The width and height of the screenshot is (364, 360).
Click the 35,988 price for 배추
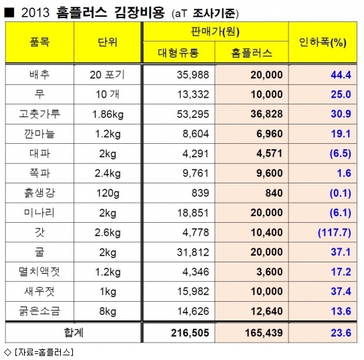pos(193,75)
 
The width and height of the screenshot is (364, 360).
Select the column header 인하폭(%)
pos(323,42)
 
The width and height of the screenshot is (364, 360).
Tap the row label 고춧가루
pos(39,114)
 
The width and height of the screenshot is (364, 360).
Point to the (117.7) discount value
pos(335,232)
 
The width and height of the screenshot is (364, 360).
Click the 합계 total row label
pos(74,333)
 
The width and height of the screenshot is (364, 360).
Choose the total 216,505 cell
pos(190,333)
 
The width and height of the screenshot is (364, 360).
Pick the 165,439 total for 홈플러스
pos(264,333)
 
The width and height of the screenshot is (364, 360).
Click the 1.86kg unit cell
pos(108,114)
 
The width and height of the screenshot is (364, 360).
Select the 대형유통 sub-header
pos(178,53)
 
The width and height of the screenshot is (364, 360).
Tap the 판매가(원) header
pos(215,31)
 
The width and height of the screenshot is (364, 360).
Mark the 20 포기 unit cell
pos(107,75)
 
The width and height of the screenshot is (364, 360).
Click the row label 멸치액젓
pos(39,272)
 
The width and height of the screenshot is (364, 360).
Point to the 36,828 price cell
pos(267,114)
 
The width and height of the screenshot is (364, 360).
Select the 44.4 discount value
pos(341,75)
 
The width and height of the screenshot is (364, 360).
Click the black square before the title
pos(9,13)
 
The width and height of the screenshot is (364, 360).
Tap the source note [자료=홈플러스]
pos(44,352)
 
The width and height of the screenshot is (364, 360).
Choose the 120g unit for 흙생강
pos(108,193)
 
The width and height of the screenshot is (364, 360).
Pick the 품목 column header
pos(39,42)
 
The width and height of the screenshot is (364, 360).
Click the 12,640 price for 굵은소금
pos(267,311)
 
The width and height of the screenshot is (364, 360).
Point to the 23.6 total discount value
pos(341,333)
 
